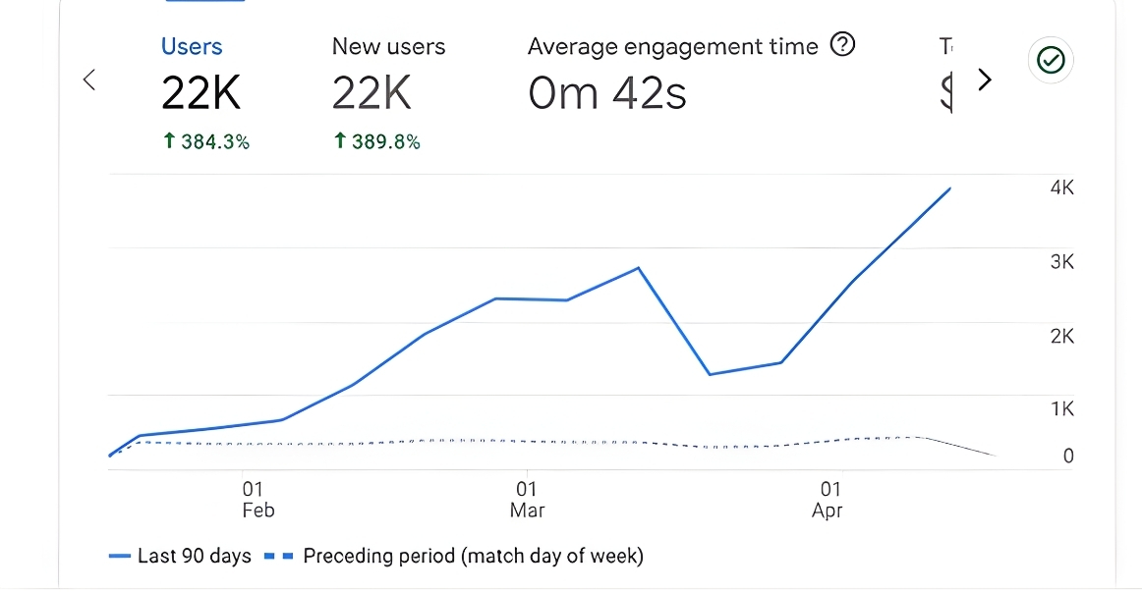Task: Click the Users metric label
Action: click(192, 46)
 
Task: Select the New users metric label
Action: click(388, 46)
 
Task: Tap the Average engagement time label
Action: click(672, 46)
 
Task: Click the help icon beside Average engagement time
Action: click(842, 44)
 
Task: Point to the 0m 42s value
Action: click(606, 93)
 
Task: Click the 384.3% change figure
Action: click(206, 142)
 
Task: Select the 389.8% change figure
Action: click(377, 142)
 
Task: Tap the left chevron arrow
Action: click(89, 80)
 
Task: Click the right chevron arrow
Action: click(985, 80)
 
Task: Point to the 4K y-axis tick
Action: click(1061, 188)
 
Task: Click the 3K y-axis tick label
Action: click(1061, 262)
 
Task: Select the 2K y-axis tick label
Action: click(1061, 336)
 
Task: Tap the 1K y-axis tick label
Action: click(1061, 408)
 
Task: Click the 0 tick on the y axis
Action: click(1068, 456)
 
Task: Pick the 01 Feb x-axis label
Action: click(255, 499)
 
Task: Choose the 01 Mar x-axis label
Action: click(527, 499)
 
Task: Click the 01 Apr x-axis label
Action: click(828, 499)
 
